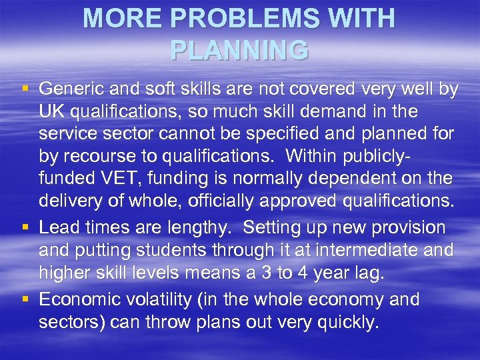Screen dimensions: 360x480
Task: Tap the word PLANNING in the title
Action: pos(239,50)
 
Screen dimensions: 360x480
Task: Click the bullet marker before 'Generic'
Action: pos(25,89)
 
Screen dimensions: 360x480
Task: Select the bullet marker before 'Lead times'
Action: pos(25,227)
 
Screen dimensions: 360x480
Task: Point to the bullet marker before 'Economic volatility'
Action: pos(25,299)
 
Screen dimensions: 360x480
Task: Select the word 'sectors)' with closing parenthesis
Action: pos(71,323)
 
